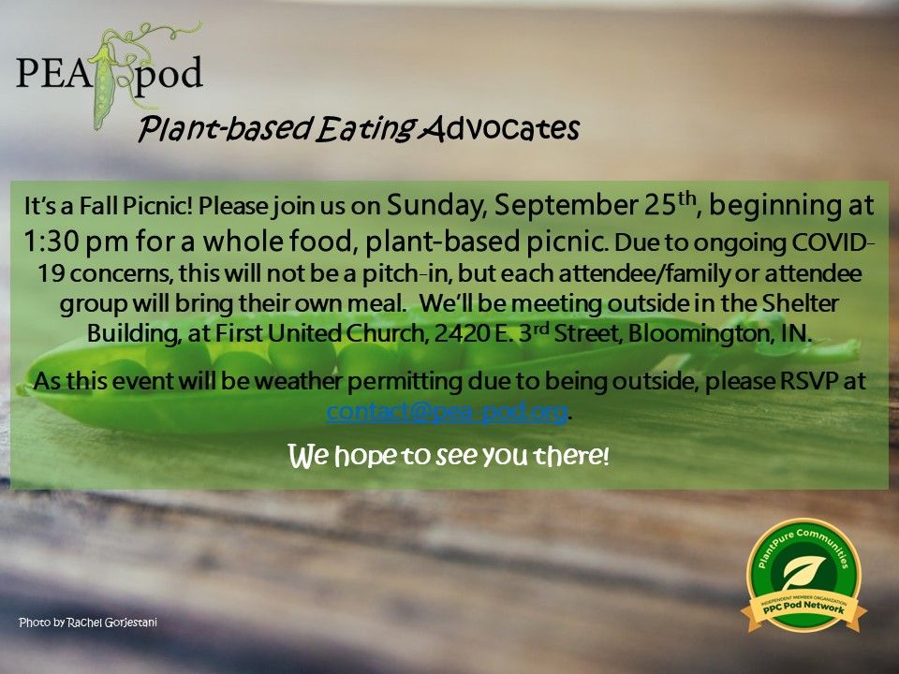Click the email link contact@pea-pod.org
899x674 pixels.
coord(447,412)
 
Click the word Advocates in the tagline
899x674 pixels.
coord(499,128)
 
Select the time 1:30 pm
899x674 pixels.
coord(76,242)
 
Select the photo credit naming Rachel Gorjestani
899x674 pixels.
coord(88,623)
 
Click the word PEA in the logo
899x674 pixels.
coord(54,73)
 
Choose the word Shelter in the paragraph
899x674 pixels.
coord(801,303)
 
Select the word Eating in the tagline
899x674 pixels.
coord(366,129)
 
